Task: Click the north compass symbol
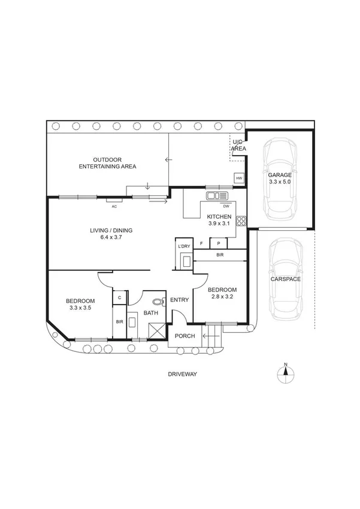coord(286,373)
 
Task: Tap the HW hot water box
coord(239,179)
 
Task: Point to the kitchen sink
coord(218,195)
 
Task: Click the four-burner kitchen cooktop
coord(242,220)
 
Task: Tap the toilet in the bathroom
coord(158,302)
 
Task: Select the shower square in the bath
coord(156,329)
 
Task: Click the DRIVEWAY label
coord(183,374)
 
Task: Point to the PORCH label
coord(184,336)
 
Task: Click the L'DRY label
coord(183,246)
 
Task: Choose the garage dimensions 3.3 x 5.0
coord(280,181)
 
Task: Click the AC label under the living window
coord(113,206)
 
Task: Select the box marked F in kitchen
coord(201,243)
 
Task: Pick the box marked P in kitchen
coord(218,243)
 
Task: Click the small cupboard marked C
coord(119,297)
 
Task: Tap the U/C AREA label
coord(238,144)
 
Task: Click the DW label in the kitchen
coord(226,206)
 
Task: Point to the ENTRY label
coord(180,300)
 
